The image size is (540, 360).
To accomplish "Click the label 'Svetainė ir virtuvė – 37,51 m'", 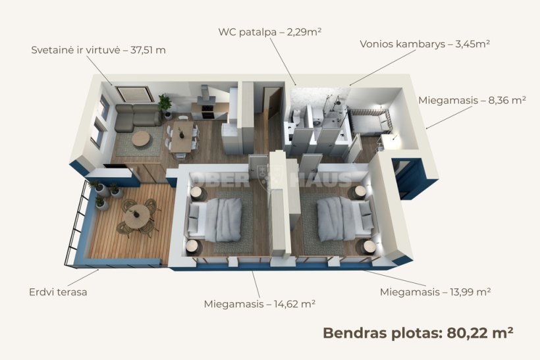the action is pyautogui.click(x=99, y=50).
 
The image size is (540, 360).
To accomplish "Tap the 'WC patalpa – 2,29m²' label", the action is pyautogui.click(x=270, y=32).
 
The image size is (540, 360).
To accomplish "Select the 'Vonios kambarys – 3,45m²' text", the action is pyautogui.click(x=425, y=44).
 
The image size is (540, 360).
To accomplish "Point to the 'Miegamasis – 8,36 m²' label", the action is pyautogui.click(x=472, y=101).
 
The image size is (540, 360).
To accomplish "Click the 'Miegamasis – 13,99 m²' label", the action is pyautogui.click(x=435, y=292).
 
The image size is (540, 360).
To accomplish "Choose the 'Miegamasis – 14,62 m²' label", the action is pyautogui.click(x=259, y=304).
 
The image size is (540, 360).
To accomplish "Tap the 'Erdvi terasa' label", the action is pyautogui.click(x=58, y=292).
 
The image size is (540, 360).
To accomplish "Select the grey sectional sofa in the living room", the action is pyautogui.click(x=137, y=118).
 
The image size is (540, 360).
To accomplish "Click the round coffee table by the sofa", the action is pyautogui.click(x=141, y=139).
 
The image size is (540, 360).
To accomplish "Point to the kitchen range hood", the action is pyautogui.click(x=205, y=95).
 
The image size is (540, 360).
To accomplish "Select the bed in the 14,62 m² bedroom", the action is pyautogui.click(x=215, y=220).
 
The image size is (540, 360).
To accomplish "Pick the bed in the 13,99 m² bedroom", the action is pyautogui.click(x=345, y=219).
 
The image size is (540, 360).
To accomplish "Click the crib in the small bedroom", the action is pyautogui.click(x=371, y=122).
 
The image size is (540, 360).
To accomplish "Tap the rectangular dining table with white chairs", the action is pyautogui.click(x=182, y=136).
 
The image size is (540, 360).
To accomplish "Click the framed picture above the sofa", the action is pyautogui.click(x=134, y=94).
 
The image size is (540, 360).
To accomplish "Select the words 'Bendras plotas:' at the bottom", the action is pyautogui.click(x=382, y=333).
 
